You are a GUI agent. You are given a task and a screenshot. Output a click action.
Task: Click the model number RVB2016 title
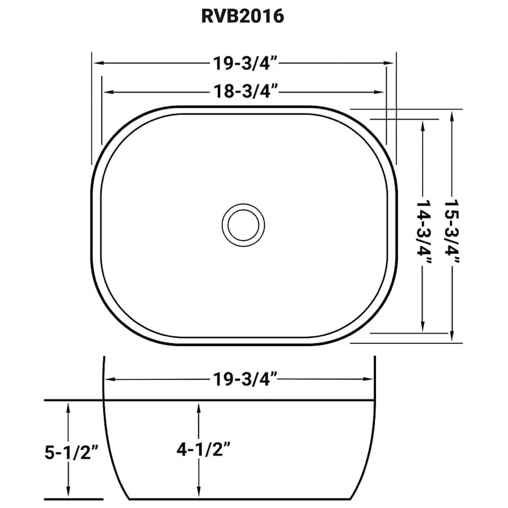click(x=243, y=16)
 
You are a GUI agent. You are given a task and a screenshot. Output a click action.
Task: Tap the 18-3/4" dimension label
click(x=246, y=91)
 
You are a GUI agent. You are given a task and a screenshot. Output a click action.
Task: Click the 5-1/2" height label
click(x=72, y=452)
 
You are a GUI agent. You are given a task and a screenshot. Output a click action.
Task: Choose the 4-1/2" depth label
click(x=203, y=449)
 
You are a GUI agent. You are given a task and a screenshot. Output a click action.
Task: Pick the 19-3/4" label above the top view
click(x=246, y=63)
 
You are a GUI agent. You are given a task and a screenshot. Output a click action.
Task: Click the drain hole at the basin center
click(x=243, y=225)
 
